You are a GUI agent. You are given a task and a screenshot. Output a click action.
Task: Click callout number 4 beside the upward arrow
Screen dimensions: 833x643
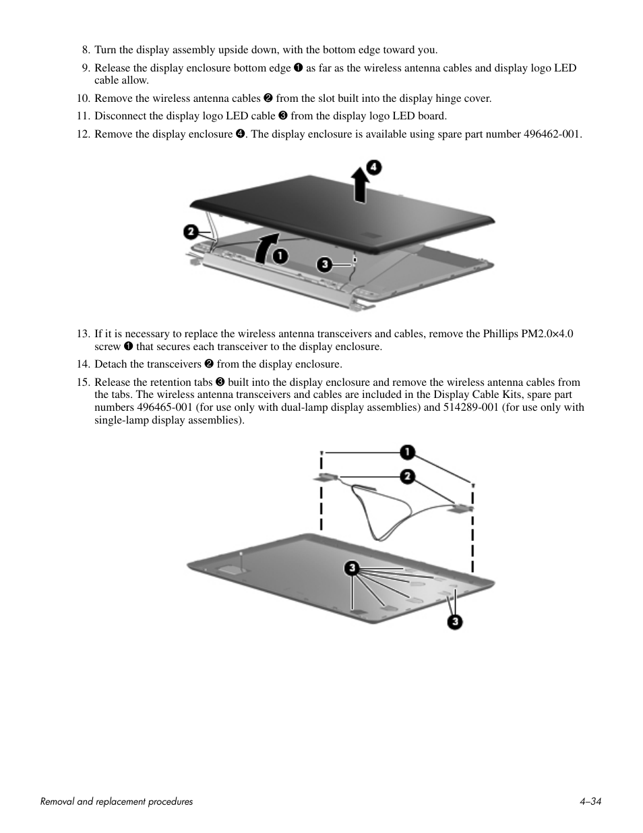pos(373,167)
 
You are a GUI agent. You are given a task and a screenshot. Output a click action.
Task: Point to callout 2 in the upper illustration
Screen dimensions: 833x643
pos(191,232)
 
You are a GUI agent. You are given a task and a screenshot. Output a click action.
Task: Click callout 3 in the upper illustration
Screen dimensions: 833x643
pos(325,264)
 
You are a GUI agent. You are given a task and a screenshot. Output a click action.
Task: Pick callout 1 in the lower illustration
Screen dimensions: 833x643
pos(408,452)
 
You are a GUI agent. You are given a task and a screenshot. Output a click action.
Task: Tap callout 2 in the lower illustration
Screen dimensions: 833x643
pos(408,476)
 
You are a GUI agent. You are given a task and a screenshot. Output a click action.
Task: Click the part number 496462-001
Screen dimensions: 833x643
pos(551,134)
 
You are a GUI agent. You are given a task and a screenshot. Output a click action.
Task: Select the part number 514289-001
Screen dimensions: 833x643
pos(471,407)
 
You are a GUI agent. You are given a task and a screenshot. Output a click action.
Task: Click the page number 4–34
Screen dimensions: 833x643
pos(590,801)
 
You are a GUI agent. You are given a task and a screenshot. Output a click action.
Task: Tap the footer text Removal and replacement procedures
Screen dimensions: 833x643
pos(117,801)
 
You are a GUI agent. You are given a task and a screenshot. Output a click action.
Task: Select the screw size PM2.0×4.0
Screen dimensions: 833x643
pos(547,334)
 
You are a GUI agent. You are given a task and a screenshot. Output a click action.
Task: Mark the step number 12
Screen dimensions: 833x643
pos(83,134)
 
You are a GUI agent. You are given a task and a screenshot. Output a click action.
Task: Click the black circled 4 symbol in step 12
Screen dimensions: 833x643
pos(239,134)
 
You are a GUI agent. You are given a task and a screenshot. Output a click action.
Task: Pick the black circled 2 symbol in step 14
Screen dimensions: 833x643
pos(208,364)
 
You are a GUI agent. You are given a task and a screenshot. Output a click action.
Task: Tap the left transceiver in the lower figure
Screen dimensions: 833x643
pos(326,477)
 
